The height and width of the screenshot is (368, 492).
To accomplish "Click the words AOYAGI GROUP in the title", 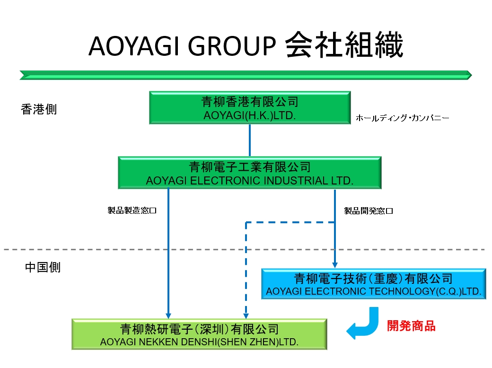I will click(182, 46).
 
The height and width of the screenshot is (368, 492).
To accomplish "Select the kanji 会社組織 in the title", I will click(344, 45).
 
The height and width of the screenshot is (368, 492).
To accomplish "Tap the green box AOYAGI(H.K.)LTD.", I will click(249, 108).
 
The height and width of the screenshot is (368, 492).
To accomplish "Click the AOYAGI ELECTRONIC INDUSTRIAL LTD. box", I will click(249, 173).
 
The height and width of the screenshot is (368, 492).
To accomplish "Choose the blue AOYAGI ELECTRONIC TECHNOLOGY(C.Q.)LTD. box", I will click(373, 284).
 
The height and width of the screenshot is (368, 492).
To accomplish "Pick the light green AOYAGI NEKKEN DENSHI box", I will click(199, 334).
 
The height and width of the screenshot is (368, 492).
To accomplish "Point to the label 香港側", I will click(39, 109).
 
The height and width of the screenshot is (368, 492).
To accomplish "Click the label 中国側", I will click(43, 267).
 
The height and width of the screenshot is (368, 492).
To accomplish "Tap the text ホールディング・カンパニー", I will click(402, 118).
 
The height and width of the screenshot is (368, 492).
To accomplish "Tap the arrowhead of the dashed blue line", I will click(246, 315).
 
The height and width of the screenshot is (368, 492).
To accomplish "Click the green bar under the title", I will click(246, 75).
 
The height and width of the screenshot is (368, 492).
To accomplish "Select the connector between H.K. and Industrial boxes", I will click(249, 140).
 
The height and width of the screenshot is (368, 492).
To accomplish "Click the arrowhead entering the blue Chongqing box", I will click(335, 265).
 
